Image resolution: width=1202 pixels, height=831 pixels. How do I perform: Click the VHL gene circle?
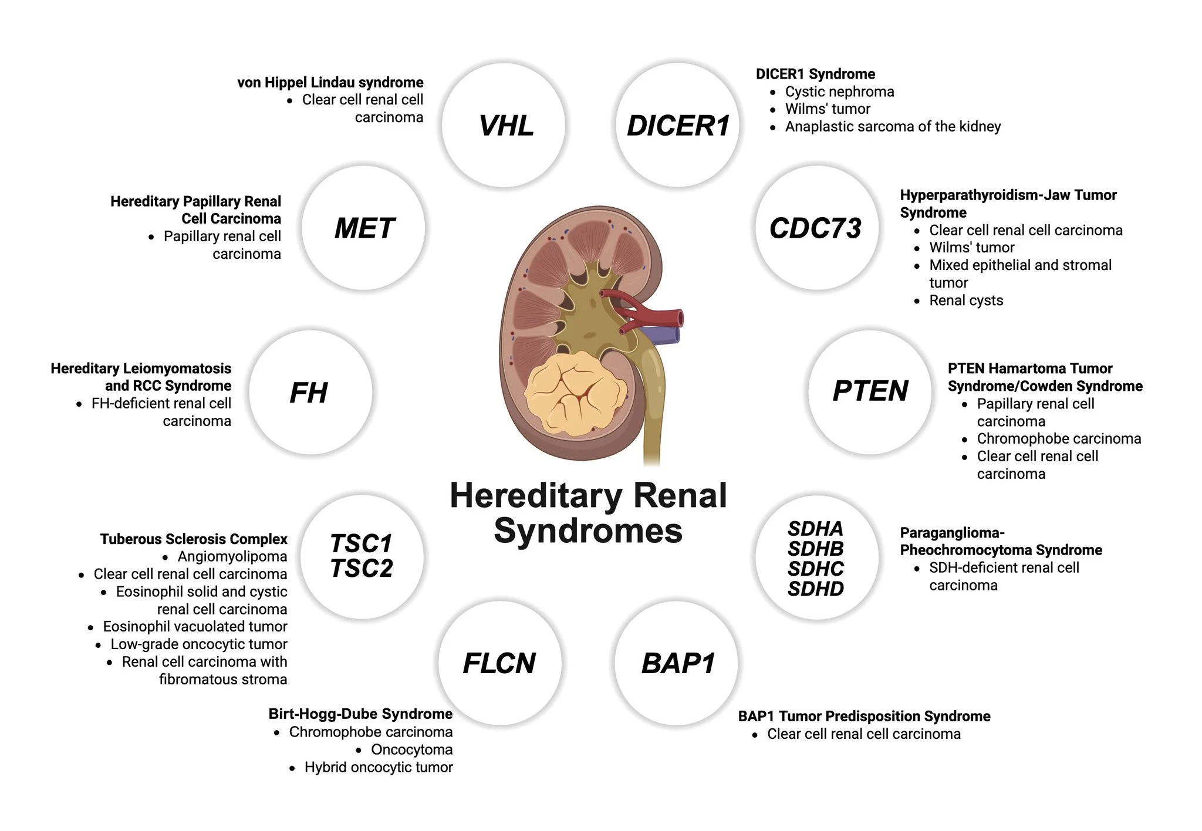(x=504, y=125)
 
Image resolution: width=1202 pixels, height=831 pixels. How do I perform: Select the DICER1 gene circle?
(x=677, y=125)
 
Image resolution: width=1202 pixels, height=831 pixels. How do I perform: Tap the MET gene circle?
(x=364, y=228)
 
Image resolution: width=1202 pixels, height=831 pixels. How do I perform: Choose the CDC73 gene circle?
(x=817, y=228)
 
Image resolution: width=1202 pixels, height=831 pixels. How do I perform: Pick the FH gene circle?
(x=311, y=392)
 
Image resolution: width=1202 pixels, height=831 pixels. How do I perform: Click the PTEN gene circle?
(x=870, y=392)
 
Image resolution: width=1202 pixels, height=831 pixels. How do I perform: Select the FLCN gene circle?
(x=500, y=663)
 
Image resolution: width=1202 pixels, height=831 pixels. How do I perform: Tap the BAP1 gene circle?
(x=677, y=663)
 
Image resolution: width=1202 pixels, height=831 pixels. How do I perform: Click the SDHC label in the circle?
(x=816, y=569)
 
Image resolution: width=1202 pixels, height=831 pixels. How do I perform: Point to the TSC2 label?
(x=362, y=569)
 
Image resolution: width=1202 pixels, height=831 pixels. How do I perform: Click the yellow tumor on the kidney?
(x=575, y=393)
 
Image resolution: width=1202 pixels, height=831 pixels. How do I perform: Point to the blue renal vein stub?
(x=661, y=335)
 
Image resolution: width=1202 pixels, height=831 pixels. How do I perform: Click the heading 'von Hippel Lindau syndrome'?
(x=330, y=82)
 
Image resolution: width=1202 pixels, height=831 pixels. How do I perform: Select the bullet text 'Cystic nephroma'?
(x=839, y=92)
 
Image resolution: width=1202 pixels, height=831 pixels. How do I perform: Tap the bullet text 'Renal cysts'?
(x=966, y=300)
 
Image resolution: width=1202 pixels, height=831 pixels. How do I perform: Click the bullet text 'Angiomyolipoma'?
(x=232, y=556)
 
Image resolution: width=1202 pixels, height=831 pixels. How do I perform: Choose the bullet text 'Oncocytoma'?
(x=412, y=749)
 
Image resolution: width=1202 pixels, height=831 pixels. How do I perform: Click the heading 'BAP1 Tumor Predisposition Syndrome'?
(x=864, y=716)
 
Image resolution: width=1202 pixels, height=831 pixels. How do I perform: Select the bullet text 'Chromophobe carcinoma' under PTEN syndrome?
(x=1059, y=438)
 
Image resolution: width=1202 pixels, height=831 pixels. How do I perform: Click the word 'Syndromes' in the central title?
(x=588, y=531)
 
